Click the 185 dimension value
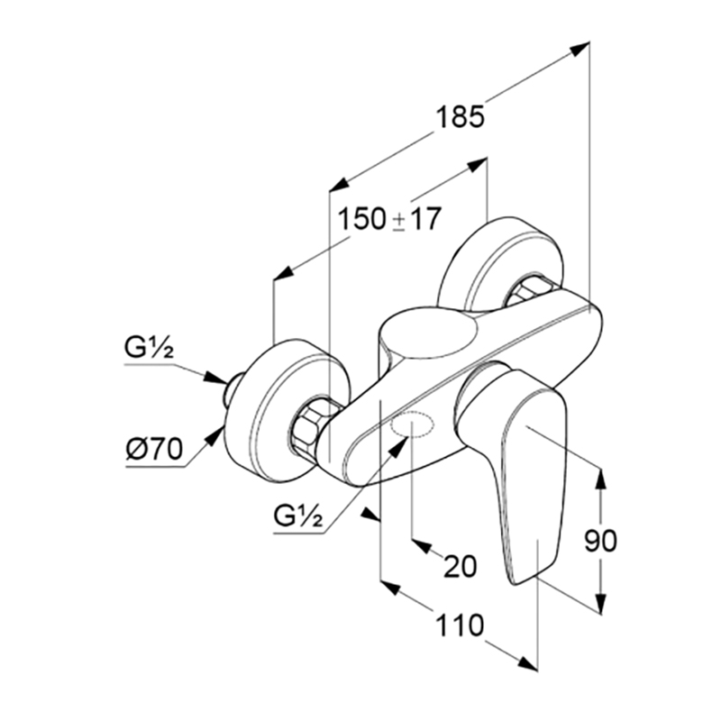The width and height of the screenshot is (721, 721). [460, 117]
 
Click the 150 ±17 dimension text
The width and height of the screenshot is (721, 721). [389, 219]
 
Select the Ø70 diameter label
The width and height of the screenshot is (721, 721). [154, 448]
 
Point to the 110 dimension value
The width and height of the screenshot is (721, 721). [460, 625]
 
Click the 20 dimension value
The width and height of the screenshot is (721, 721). [460, 566]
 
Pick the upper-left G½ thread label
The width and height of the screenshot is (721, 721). [149, 348]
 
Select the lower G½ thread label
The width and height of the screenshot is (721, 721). [298, 516]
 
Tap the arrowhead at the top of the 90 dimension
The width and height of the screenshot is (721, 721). [600, 479]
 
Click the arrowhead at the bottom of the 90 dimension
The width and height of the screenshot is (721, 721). [600, 603]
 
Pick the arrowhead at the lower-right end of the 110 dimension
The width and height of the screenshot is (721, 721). [527, 663]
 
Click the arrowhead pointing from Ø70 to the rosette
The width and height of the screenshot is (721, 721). [214, 435]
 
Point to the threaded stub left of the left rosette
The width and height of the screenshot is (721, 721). [233, 389]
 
